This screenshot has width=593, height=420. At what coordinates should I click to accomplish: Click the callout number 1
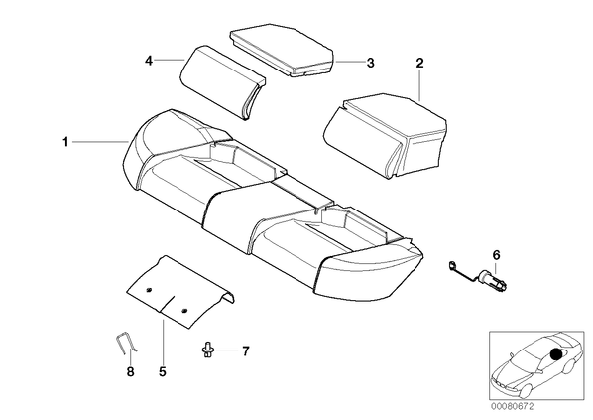click(65, 142)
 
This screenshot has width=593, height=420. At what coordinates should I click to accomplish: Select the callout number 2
click(419, 63)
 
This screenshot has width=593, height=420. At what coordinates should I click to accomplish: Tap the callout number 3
click(370, 63)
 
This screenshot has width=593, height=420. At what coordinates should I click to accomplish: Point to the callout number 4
click(149, 61)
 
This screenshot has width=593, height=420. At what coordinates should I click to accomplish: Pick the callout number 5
click(163, 372)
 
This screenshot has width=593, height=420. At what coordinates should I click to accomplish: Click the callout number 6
click(496, 255)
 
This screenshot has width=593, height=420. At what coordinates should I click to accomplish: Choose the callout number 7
click(246, 351)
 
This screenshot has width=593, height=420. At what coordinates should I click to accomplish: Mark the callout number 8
click(130, 372)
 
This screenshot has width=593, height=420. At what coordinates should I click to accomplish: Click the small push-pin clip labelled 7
click(207, 349)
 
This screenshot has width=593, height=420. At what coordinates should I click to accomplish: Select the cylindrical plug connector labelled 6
click(493, 280)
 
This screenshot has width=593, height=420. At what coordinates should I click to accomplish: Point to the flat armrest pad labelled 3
click(282, 52)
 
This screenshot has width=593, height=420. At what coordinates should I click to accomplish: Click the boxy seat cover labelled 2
click(385, 134)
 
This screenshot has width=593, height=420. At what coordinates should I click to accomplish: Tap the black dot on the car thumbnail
click(556, 354)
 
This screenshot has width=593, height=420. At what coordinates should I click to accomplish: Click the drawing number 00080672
click(512, 407)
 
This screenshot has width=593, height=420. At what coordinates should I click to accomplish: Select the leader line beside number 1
click(100, 142)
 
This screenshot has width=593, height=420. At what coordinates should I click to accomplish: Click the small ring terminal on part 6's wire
click(451, 265)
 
